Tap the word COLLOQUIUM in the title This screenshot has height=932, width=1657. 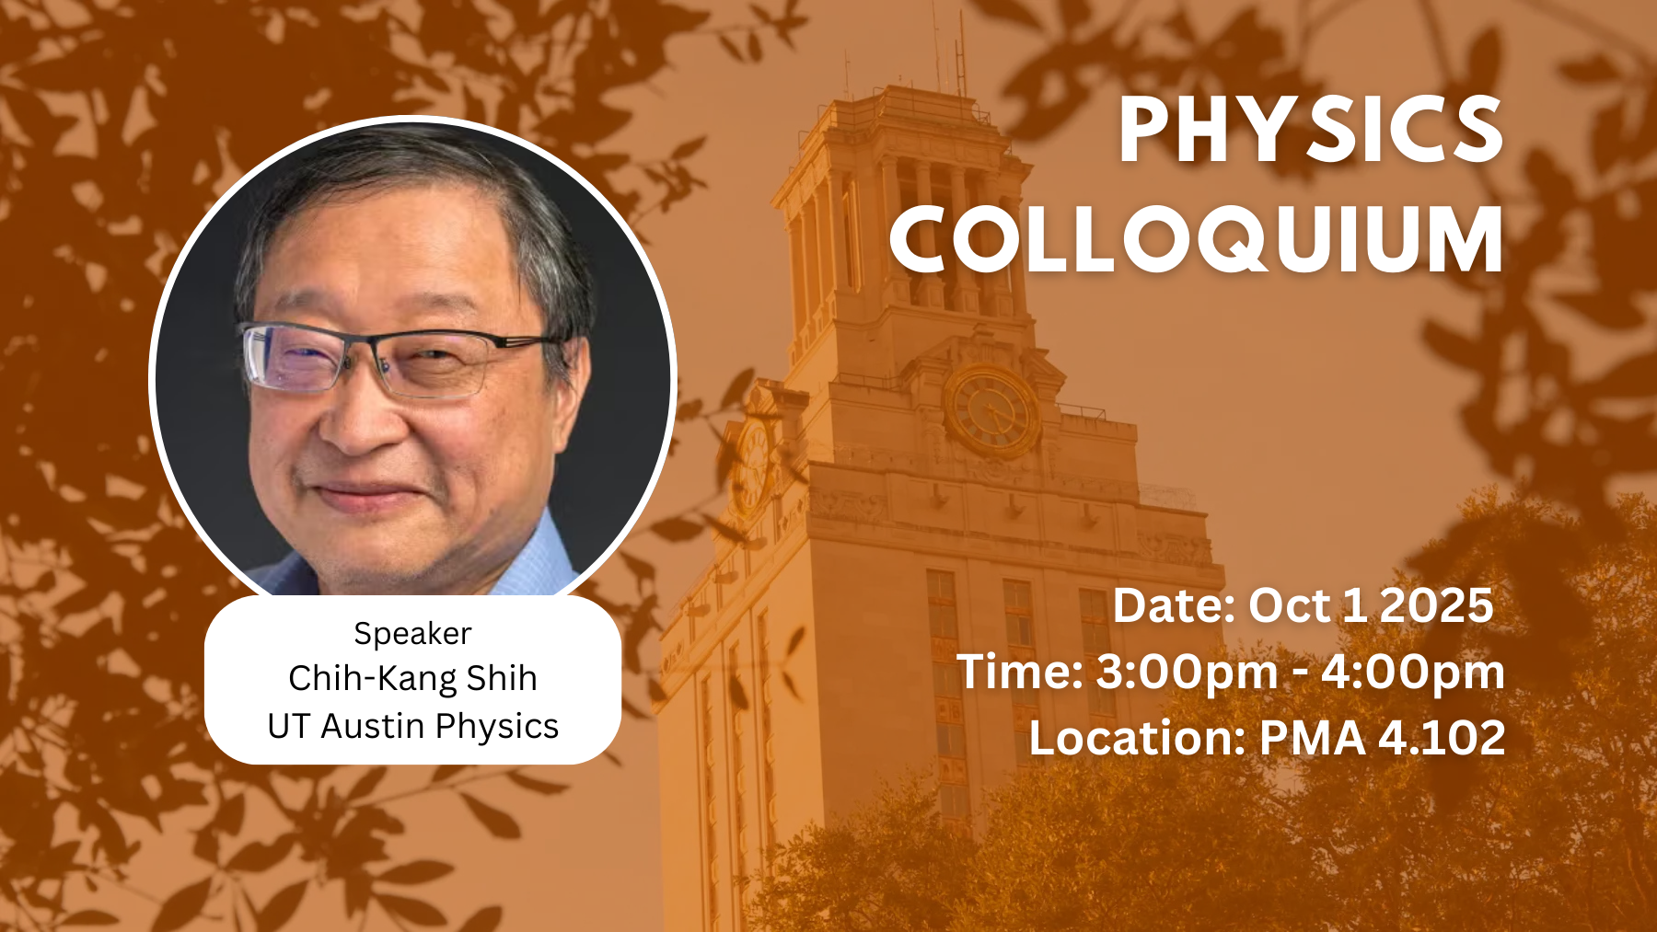[1197, 239]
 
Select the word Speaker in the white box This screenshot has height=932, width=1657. [412, 634]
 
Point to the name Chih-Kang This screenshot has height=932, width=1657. [373, 679]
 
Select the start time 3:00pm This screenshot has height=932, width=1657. [1188, 673]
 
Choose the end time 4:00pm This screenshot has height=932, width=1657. [1413, 673]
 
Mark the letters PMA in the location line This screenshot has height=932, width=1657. [1312, 738]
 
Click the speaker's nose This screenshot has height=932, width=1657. [364, 419]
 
